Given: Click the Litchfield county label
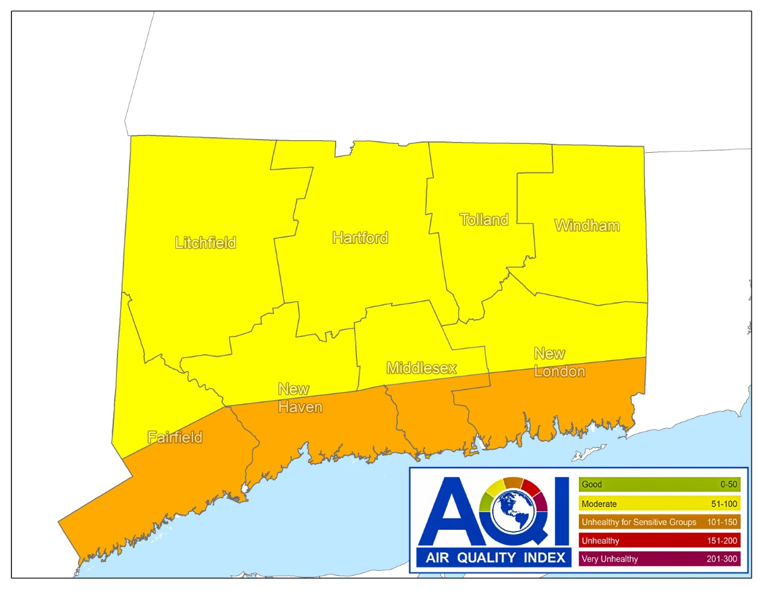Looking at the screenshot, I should click(205, 243).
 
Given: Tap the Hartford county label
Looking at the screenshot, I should click(360, 238).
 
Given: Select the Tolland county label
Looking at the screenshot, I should click(484, 220).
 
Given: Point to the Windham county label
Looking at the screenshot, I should click(587, 226).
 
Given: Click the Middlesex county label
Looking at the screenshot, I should click(421, 368).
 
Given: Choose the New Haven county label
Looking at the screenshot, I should click(300, 398).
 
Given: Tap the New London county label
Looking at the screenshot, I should click(559, 363).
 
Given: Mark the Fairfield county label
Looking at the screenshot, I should click(175, 437).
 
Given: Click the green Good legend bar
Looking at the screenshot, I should click(659, 484).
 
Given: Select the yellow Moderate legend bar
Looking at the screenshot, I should click(659, 503).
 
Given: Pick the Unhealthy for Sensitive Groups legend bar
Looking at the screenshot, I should click(659, 522).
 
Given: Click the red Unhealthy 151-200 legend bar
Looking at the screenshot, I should click(659, 540).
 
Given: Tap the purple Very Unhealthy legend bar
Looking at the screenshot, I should click(659, 559).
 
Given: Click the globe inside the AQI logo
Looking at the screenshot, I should click(513, 512).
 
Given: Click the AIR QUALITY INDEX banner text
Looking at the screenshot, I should click(495, 558).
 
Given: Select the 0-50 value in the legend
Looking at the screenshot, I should click(728, 484).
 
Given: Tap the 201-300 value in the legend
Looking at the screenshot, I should click(722, 559).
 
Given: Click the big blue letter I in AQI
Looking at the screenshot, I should click(562, 511).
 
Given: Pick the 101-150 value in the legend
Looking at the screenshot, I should click(722, 522).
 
